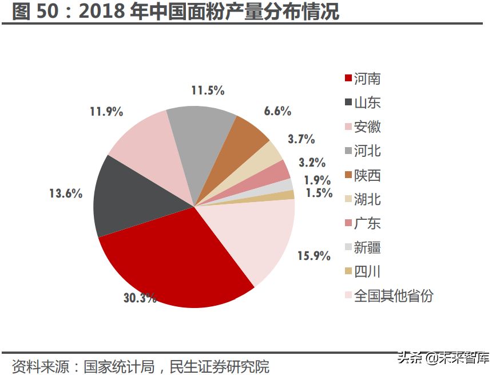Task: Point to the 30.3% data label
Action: pos(140,298)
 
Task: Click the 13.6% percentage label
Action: pos(65,194)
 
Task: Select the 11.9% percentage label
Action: pos(106,111)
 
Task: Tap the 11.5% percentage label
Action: pos(207,90)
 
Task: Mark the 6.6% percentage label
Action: pos(277,111)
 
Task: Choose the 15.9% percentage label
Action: pos(314,256)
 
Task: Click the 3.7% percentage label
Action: pos(301,139)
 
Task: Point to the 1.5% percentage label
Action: pos(319,193)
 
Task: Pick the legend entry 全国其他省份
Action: pos(394,296)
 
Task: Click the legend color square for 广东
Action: pos(348,223)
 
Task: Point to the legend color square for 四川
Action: pos(348,271)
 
